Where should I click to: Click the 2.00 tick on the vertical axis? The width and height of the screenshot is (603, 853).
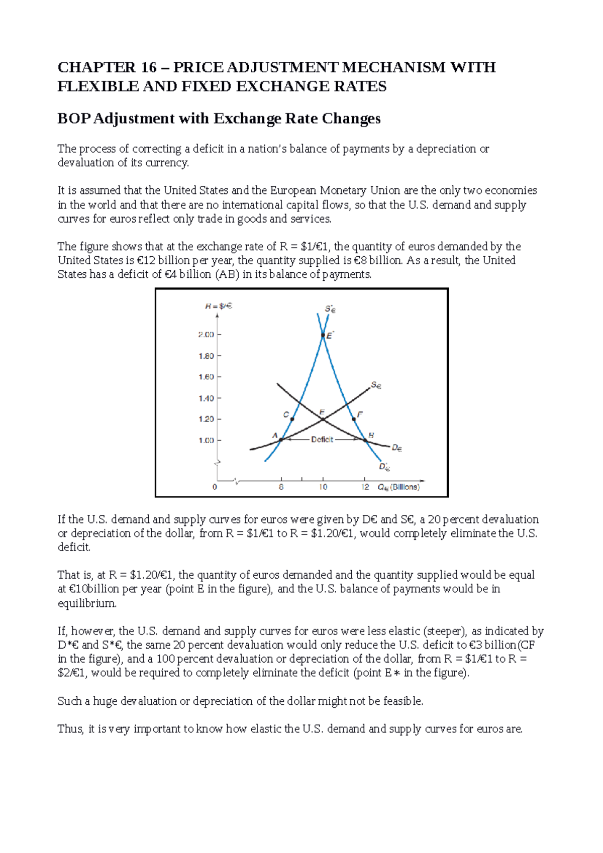(x=206, y=335)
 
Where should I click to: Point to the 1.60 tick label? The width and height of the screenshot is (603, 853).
(x=206, y=377)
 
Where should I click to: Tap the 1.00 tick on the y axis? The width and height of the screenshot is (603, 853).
(x=206, y=440)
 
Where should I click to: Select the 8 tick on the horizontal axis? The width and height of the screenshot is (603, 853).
(x=281, y=487)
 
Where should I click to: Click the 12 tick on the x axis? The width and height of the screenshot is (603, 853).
(x=365, y=487)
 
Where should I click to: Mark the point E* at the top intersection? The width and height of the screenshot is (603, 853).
(x=323, y=335)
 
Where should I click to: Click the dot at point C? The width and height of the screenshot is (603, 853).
(x=292, y=419)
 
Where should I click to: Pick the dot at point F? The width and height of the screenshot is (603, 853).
(x=354, y=419)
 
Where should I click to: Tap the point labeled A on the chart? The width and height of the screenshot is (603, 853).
(x=281, y=440)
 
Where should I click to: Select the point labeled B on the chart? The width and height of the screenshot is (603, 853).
(x=365, y=440)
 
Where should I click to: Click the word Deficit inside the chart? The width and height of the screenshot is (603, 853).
(x=322, y=440)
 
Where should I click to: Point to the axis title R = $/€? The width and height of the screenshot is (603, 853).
(x=219, y=306)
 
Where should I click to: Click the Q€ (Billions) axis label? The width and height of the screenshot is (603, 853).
(x=398, y=487)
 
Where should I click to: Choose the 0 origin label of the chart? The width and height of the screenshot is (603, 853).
(x=215, y=487)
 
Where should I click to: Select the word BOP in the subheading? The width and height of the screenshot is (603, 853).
(x=74, y=119)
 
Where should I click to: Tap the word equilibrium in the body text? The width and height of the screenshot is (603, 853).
(x=87, y=603)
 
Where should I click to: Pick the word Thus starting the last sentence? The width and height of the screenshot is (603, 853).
(x=70, y=729)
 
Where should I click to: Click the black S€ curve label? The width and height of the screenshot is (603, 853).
(x=376, y=386)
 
